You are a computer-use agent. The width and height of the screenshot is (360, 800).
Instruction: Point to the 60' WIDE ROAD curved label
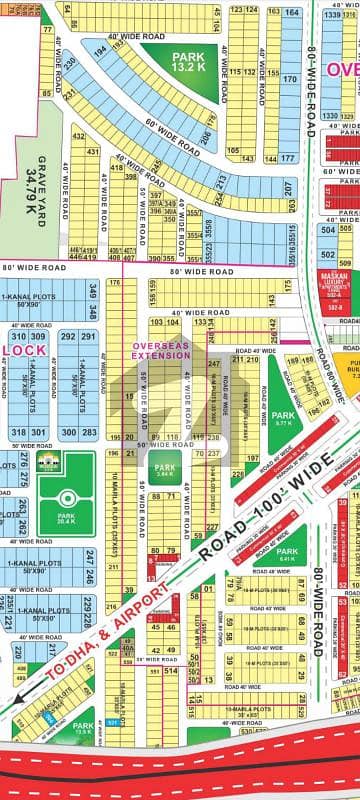[x=160, y=132]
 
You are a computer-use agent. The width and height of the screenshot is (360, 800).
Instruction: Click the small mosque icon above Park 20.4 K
[x=46, y=433]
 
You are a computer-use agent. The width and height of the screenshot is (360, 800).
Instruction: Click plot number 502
[x=327, y=229]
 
